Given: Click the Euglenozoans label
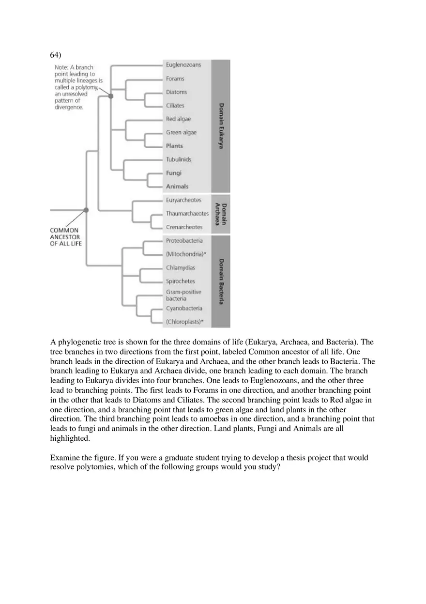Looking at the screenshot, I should [183, 65].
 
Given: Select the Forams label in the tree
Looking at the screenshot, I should [175, 78].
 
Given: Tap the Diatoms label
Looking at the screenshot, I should [176, 92].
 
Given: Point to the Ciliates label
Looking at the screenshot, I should [175, 106].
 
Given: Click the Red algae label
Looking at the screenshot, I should [179, 119].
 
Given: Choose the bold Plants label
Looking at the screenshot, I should [174, 146].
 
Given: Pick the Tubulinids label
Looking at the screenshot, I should [179, 159].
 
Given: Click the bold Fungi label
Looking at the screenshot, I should [174, 173].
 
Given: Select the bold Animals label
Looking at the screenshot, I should [177, 186].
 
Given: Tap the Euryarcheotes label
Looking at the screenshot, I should [183, 200].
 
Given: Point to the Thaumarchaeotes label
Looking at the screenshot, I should [187, 214].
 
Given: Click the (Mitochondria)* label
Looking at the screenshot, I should [186, 254].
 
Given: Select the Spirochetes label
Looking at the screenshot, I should [181, 281].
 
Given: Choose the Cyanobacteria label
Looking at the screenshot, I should [184, 308].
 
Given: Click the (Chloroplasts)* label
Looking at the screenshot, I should [185, 322].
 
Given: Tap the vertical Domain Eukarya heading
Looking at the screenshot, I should [221, 126].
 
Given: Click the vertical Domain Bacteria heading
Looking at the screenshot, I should [221, 281].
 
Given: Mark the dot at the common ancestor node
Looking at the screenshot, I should [86, 210].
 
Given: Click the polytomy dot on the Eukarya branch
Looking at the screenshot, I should [111, 96].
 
